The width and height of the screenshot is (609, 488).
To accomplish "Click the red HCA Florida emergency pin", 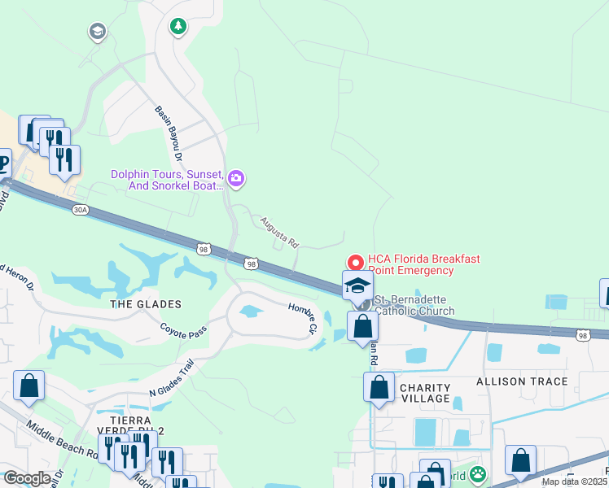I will (x=355, y=263).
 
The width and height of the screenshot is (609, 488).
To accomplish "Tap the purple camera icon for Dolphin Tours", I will (x=236, y=177).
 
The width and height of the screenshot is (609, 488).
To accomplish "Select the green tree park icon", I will (x=177, y=27).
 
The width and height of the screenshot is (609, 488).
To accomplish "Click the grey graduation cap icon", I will (x=97, y=32).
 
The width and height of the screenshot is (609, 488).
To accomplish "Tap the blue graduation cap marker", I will (x=357, y=285).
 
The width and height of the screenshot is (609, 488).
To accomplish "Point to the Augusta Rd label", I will (x=280, y=232).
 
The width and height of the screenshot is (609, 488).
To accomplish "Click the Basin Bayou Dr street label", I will (x=169, y=133).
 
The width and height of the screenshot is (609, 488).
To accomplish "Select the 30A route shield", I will (x=79, y=209).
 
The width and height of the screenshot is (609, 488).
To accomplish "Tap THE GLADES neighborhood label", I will (x=146, y=303).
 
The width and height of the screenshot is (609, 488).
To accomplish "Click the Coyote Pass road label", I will (x=184, y=331).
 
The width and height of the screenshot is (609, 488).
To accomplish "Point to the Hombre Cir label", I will (x=302, y=316).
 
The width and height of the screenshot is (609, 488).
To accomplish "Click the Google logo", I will (x=27, y=478).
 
